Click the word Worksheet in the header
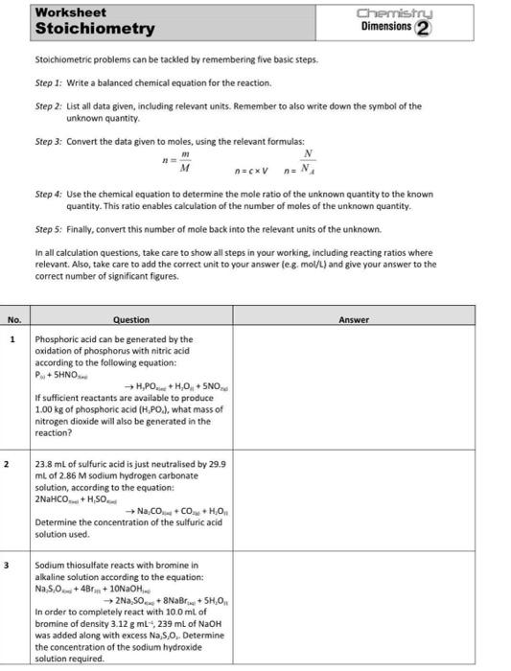coord(70,12)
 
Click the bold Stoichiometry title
coord(94,29)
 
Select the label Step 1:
coord(49,83)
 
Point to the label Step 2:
coord(49,106)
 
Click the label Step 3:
coord(49,141)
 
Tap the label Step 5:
coord(49,229)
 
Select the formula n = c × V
coord(245,170)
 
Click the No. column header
coord(14,320)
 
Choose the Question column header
coord(130,320)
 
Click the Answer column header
coord(354,320)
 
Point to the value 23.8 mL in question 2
coord(50,464)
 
